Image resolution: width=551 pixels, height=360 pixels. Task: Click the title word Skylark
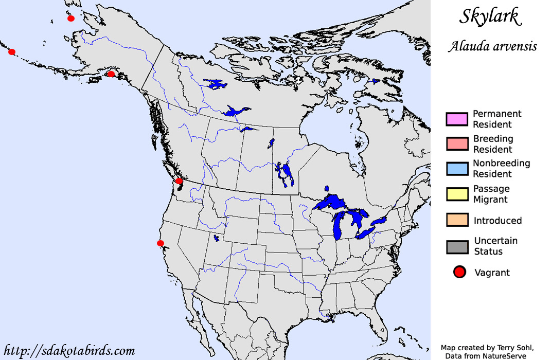point(490,17)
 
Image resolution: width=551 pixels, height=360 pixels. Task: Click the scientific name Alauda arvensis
point(492,46)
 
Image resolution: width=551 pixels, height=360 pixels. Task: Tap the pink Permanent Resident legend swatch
point(457,119)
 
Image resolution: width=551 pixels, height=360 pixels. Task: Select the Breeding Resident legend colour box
point(457,144)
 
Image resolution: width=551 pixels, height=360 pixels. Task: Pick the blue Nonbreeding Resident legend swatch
point(457,169)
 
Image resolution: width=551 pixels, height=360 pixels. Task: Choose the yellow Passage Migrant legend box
point(457,194)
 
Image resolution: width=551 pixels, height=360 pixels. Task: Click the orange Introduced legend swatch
point(457,220)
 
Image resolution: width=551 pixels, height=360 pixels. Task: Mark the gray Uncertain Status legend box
point(457,246)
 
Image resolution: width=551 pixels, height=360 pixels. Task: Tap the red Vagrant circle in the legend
point(459,273)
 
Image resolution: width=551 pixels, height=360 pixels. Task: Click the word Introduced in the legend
point(497,221)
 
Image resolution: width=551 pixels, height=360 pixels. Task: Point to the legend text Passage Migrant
point(491,194)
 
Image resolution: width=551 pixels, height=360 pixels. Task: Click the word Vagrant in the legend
point(492,273)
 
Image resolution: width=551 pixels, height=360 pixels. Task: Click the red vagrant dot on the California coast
point(161,243)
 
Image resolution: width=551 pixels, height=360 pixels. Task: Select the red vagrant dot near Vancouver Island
point(179,181)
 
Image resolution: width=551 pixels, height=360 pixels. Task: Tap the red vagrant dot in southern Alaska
point(111,74)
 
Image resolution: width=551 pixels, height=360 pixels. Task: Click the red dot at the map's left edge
point(12,52)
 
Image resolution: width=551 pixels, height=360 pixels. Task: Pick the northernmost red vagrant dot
point(71,19)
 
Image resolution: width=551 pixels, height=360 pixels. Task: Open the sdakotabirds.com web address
point(69,351)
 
